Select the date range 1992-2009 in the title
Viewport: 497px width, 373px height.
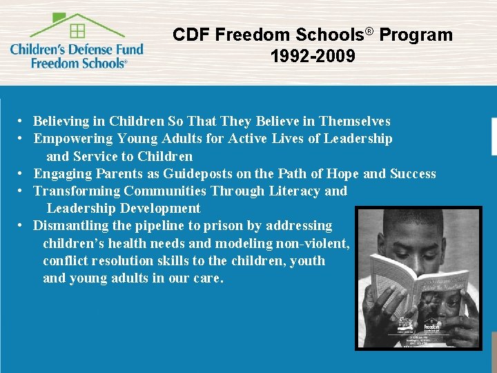[x=313, y=56]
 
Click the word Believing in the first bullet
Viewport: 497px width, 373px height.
[x=61, y=122]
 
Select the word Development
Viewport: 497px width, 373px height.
[x=160, y=208]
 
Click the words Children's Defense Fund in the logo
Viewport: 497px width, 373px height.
[x=77, y=49]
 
